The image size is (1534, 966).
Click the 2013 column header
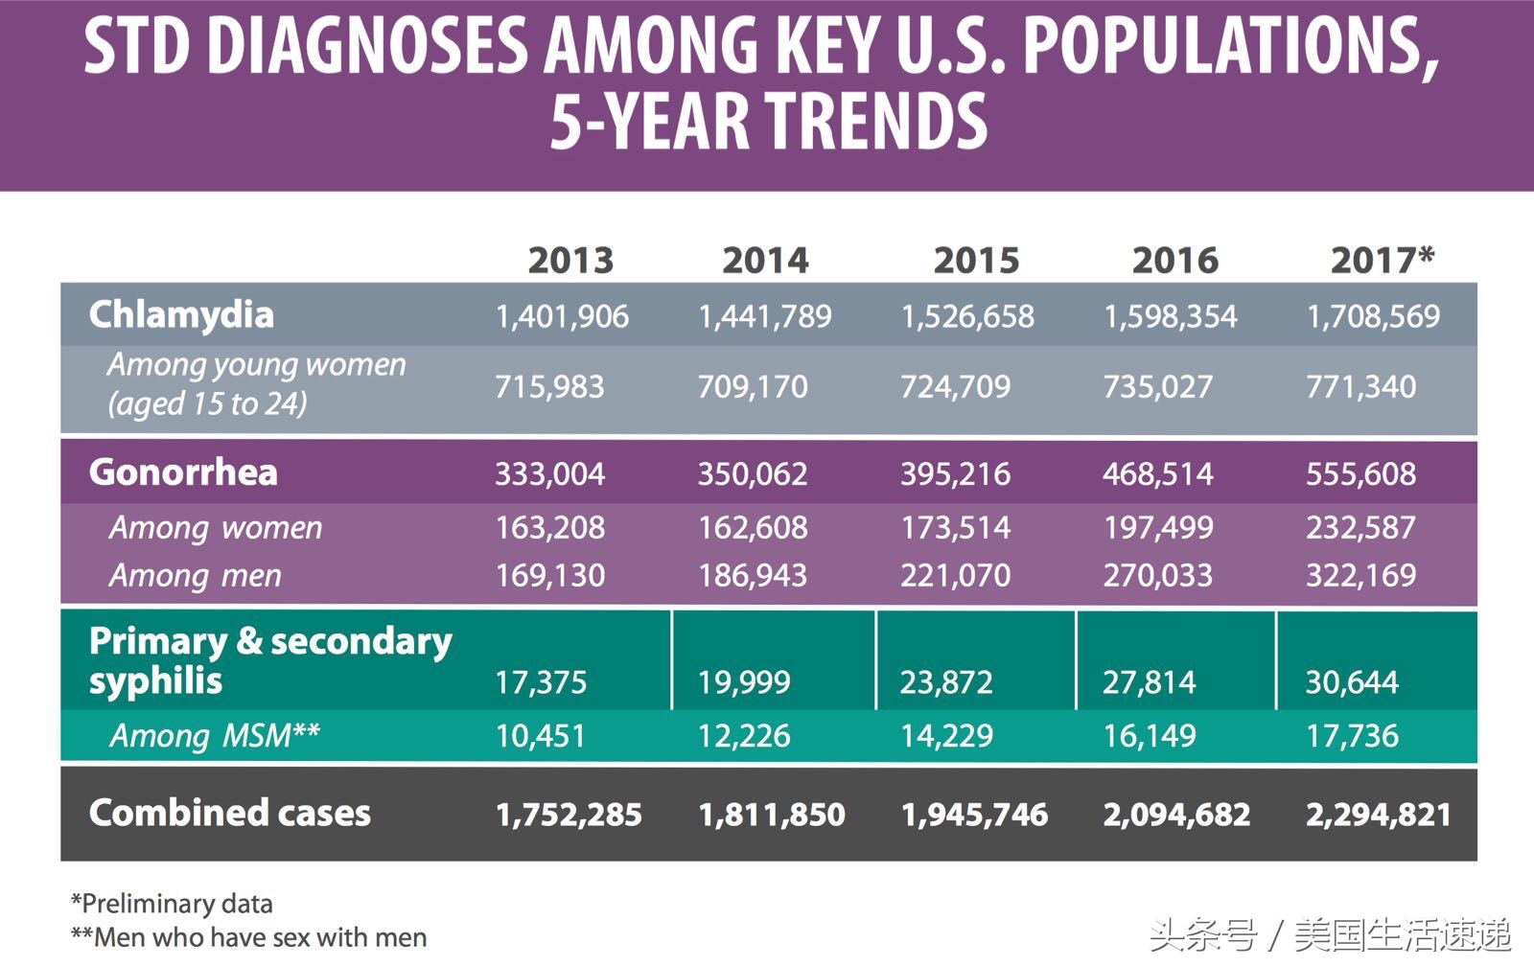[570, 260]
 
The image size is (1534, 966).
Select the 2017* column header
[1382, 260]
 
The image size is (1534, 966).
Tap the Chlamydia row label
[181, 314]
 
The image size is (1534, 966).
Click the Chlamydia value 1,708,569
[1373, 316]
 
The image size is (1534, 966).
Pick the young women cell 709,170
[753, 386]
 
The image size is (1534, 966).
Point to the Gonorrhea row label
[183, 472]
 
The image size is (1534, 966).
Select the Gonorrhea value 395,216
[955, 473]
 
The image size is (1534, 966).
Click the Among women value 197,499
[1158, 527]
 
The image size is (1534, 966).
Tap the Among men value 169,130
[549, 575]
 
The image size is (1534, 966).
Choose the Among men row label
[196, 575]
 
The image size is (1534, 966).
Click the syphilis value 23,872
[946, 681]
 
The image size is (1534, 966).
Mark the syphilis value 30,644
[1352, 681]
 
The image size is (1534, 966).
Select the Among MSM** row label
[215, 735]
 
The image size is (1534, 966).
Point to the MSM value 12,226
[744, 735]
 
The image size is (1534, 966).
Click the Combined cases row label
[229, 813]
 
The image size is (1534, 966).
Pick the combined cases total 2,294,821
[1379, 815]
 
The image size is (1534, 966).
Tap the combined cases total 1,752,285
[569, 815]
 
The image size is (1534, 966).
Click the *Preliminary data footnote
[172, 903]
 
